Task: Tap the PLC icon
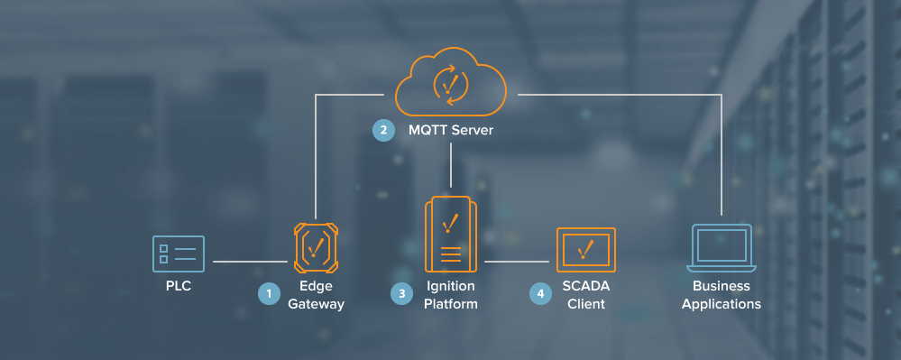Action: [179, 254]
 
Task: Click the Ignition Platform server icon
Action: [449, 234]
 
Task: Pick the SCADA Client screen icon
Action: [585, 250]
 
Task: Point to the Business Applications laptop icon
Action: [721, 248]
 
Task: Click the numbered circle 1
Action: [268, 293]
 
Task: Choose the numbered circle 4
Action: [540, 293]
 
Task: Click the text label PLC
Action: [179, 287]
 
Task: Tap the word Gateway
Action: [316, 304]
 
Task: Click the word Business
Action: [722, 287]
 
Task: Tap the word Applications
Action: [722, 304]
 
